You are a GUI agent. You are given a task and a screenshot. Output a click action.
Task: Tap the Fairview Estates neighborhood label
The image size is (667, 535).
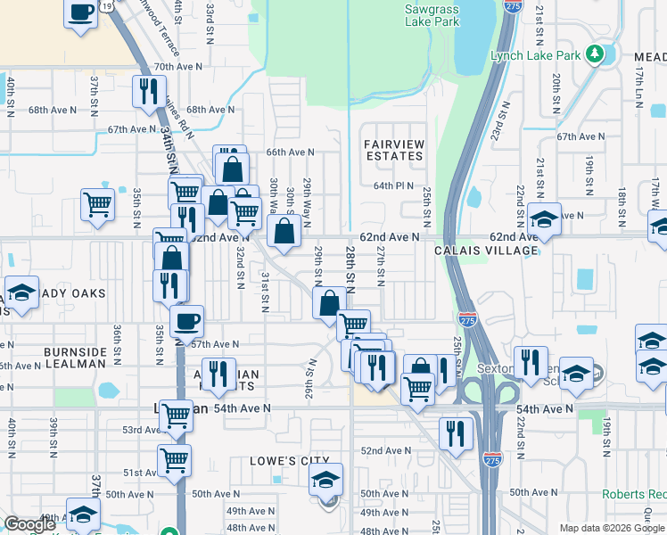click(393, 150)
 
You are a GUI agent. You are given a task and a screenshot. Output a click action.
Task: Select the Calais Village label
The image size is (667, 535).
click(486, 251)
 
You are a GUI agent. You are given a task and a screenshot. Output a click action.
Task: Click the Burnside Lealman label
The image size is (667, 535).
click(76, 358)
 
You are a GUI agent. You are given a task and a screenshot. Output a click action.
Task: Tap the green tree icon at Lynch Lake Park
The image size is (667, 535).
click(596, 55)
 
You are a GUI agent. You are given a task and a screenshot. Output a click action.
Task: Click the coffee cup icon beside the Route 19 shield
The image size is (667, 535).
click(81, 13)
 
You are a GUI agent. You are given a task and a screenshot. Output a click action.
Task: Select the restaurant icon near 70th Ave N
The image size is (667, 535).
click(148, 91)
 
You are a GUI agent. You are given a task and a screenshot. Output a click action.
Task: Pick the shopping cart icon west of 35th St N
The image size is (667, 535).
click(97, 203)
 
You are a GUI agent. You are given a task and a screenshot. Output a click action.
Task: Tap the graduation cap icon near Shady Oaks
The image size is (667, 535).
click(20, 293)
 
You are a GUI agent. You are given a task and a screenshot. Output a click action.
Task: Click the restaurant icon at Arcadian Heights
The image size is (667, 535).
click(217, 373)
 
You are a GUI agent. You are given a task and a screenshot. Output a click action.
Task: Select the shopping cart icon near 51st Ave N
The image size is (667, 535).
click(174, 460)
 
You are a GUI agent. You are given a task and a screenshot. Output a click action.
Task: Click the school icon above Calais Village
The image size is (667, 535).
click(543, 218)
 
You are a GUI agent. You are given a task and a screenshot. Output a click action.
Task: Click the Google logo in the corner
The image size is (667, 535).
click(29, 524)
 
